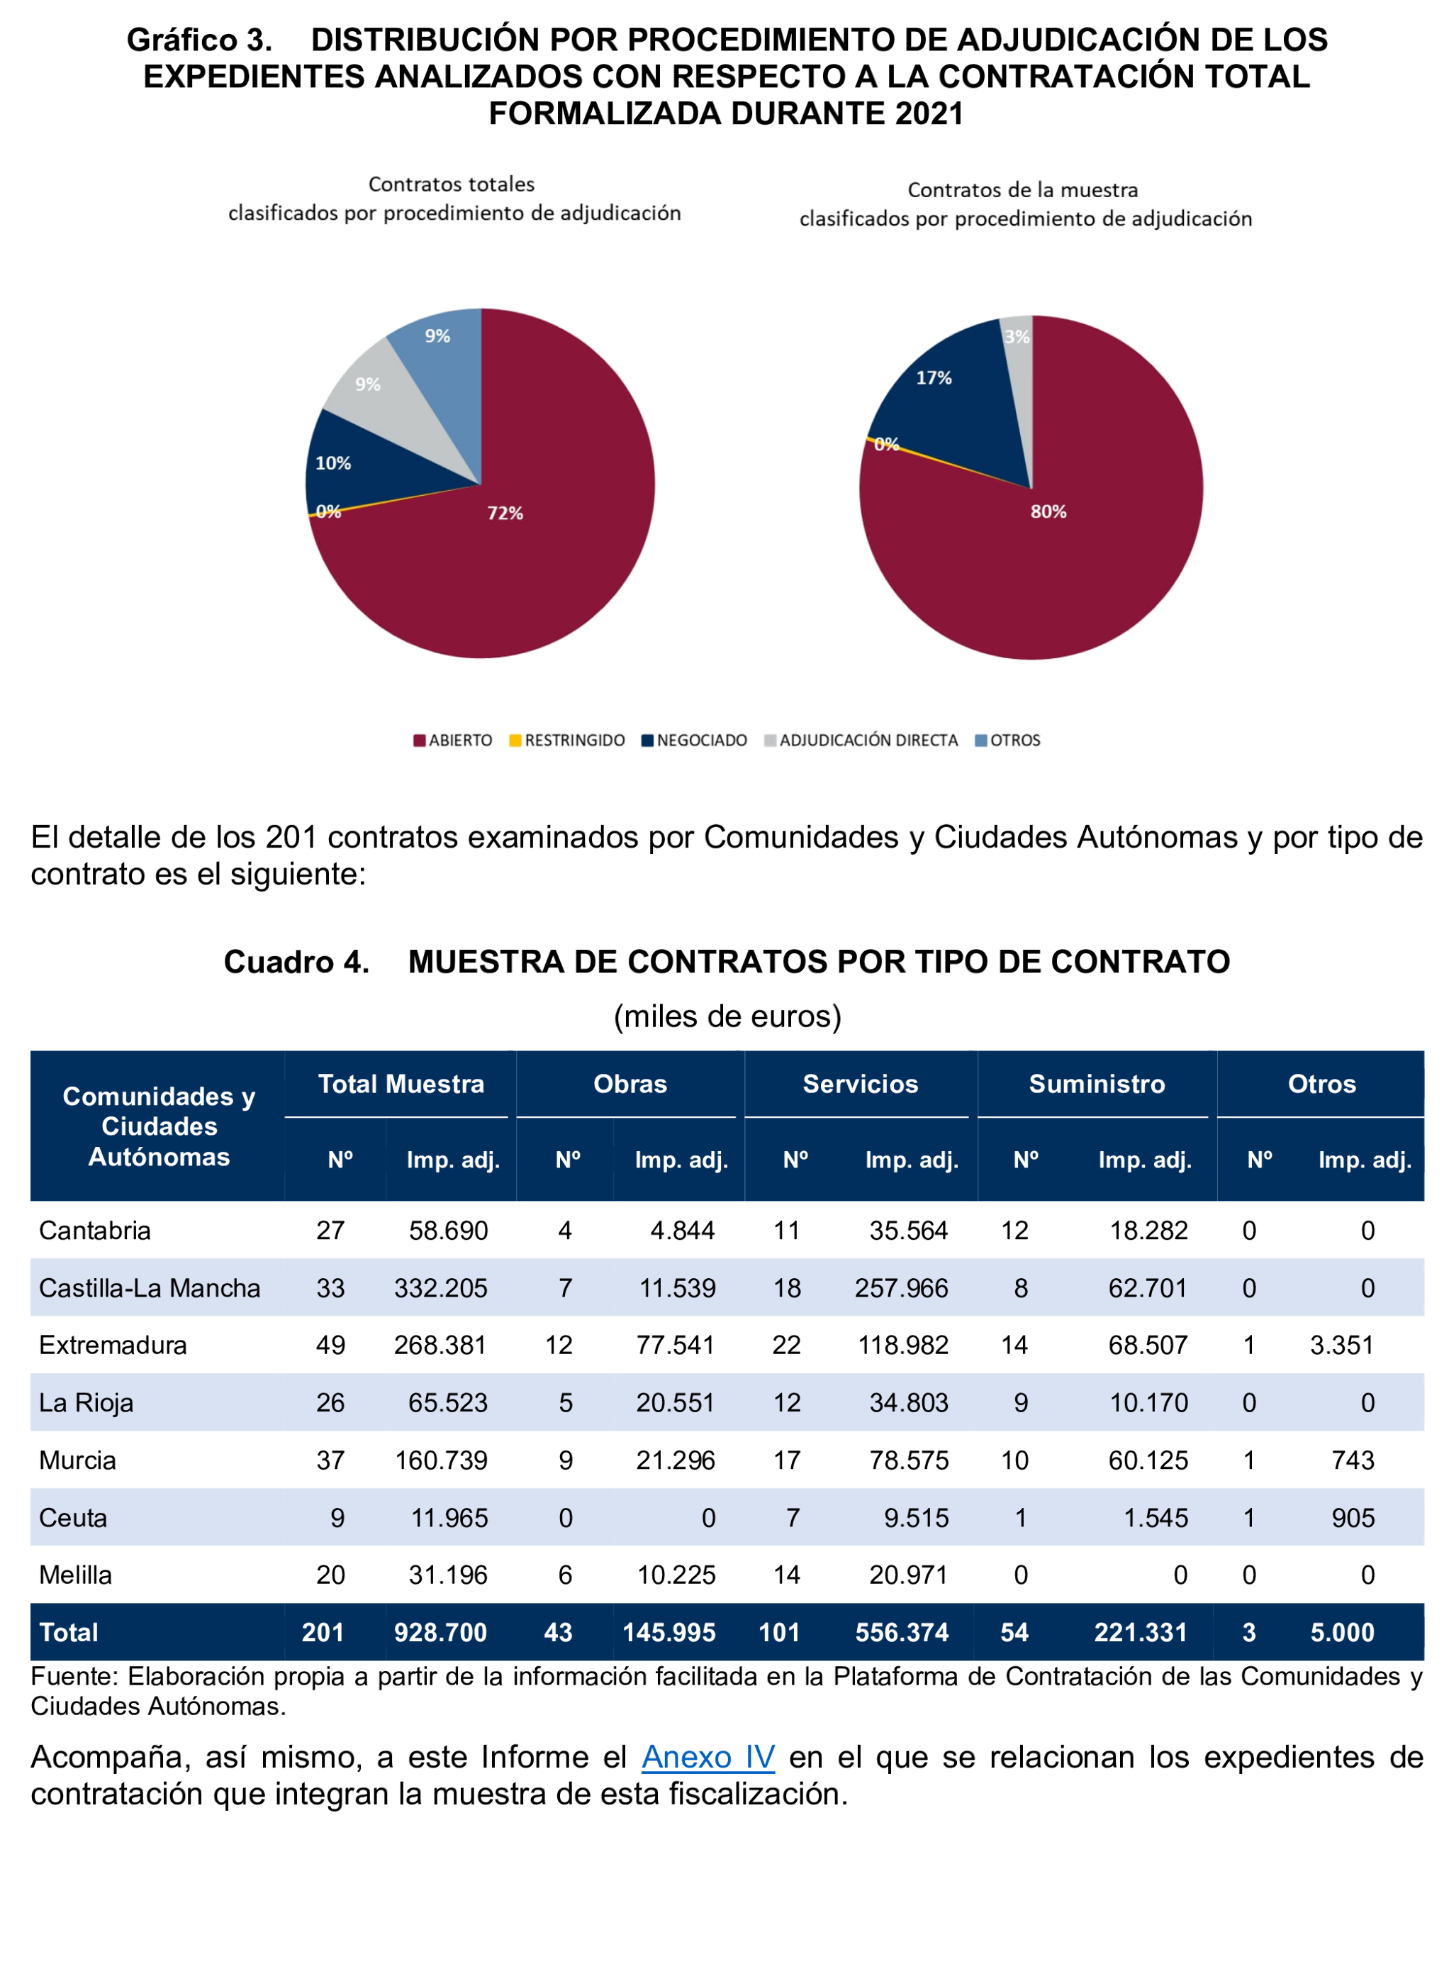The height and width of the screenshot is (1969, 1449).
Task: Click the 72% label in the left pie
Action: coord(505,514)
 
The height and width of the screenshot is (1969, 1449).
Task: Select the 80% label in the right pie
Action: coord(1048,511)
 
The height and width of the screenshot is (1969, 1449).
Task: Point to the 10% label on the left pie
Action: coord(333,463)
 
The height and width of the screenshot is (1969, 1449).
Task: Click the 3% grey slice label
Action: coord(1017,337)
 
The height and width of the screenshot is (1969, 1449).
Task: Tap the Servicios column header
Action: coord(861,1084)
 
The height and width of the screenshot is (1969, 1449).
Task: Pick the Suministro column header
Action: coord(1097,1084)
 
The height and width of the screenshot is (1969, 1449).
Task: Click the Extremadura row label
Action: coord(113,1345)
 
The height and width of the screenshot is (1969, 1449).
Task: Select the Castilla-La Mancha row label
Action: coord(150,1288)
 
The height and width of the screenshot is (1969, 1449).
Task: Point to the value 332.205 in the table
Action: coord(440,1288)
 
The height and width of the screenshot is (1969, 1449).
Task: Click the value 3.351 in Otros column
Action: coord(1341,1345)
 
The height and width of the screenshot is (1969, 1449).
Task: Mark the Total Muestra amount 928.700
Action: coord(440,1632)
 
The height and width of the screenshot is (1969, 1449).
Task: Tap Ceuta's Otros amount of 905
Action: coord(1353,1518)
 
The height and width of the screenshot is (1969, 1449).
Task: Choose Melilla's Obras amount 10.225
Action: coord(676,1575)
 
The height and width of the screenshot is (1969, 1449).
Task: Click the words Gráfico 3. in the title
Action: coord(199,40)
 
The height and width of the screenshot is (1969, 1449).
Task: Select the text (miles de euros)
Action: coord(727,1016)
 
